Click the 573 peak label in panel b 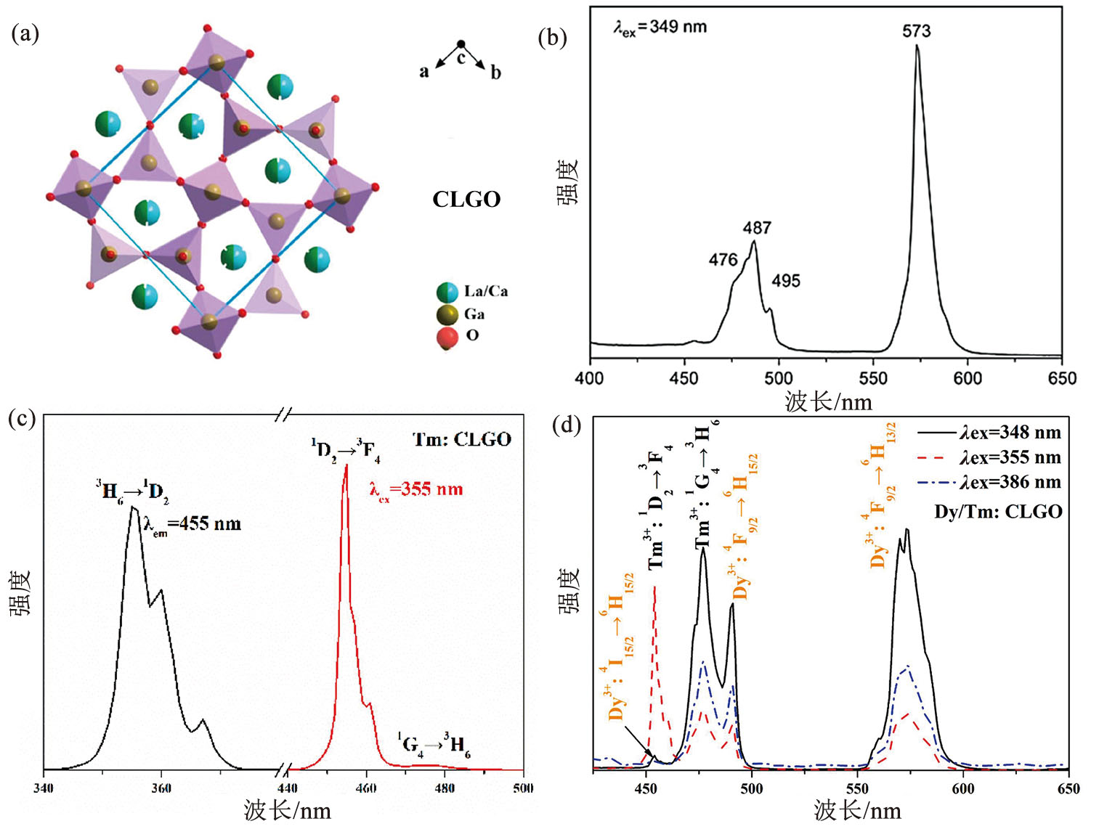[916, 31]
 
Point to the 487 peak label [757, 228]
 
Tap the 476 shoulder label [723, 260]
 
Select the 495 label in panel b [786, 281]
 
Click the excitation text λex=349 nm [660, 28]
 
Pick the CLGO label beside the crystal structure [466, 200]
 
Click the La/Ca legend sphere [447, 293]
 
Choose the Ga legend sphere [447, 314]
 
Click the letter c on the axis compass [461, 58]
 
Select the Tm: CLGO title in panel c [462, 439]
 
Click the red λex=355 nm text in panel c [416, 490]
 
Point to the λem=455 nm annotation [192, 524]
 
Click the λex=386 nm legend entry [1010, 483]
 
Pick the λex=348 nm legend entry [1010, 433]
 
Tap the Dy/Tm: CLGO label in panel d [998, 512]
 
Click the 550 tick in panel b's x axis [873, 378]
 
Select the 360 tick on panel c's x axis [161, 788]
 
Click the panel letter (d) [567, 425]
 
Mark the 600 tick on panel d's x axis [963, 789]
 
